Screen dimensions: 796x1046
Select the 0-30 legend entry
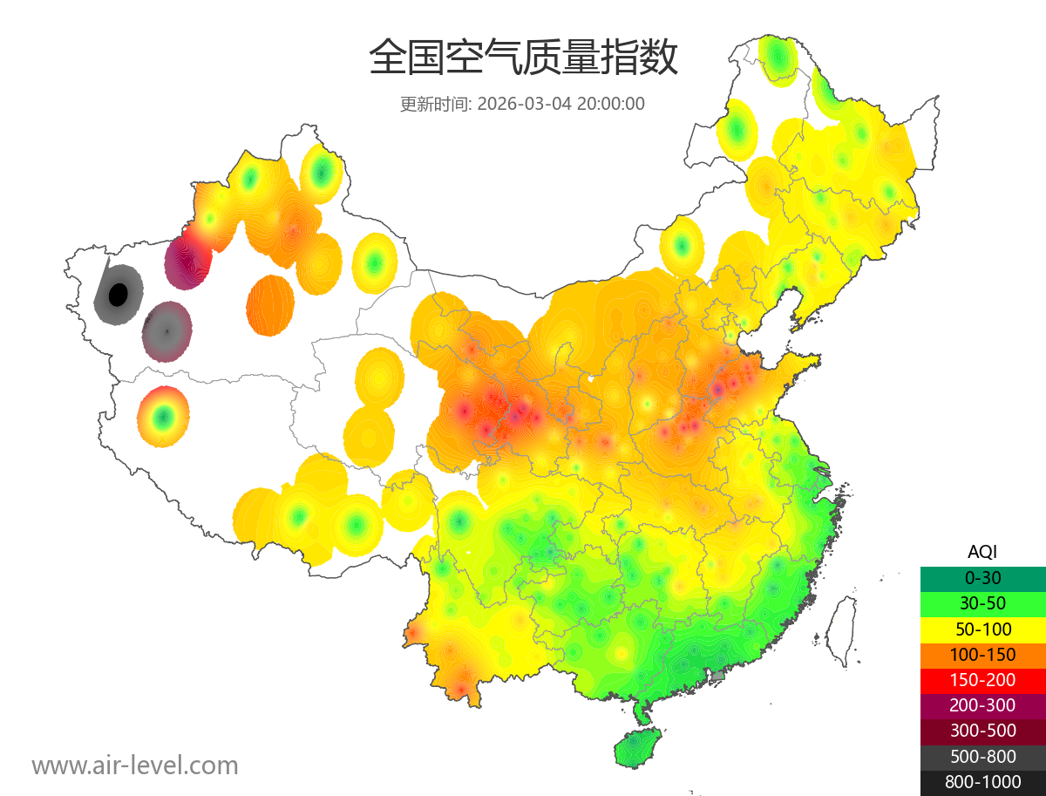coord(982,578)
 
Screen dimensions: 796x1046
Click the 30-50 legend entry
coord(982,603)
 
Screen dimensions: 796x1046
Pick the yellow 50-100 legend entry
coord(982,629)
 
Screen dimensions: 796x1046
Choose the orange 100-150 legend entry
coord(982,655)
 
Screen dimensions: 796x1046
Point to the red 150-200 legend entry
coord(982,680)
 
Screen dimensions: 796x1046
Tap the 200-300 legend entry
coord(982,706)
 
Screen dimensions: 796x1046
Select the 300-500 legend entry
coord(982,731)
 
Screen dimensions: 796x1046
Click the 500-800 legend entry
coord(982,757)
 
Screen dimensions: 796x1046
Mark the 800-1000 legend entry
coord(982,783)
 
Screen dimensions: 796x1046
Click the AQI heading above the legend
coord(982,552)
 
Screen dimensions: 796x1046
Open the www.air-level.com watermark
coord(135,766)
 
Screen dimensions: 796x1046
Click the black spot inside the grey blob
coord(117,295)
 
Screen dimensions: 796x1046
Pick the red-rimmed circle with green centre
coord(163,417)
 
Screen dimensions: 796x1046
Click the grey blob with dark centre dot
coord(166,331)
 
